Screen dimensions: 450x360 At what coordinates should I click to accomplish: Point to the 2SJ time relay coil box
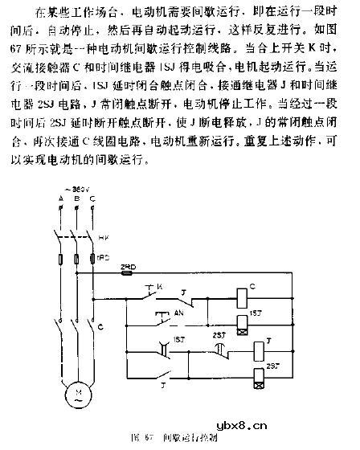coord(259,371)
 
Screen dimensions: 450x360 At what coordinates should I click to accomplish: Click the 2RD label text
coord(126,265)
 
